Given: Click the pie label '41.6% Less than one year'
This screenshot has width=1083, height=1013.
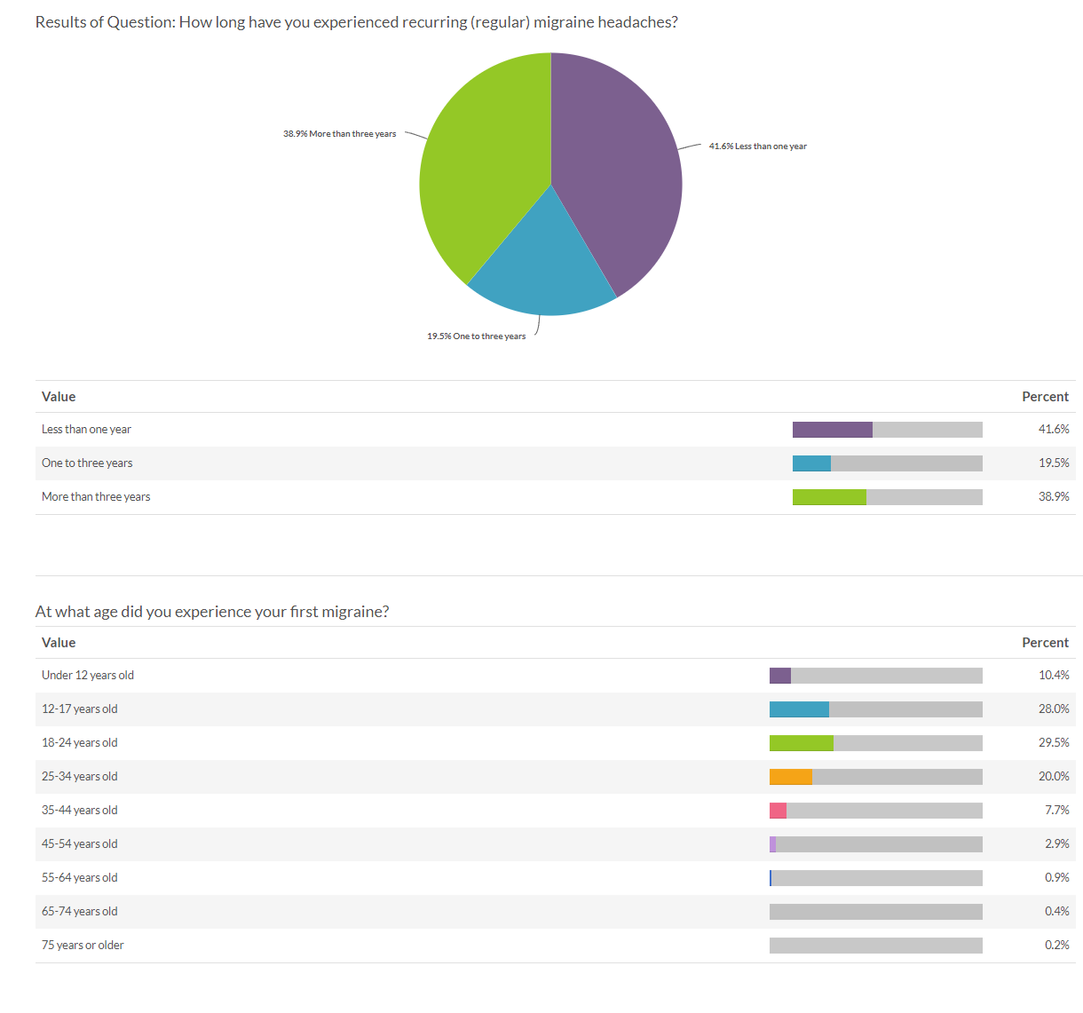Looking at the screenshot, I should click(757, 146).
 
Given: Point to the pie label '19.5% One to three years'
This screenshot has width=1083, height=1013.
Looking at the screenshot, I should click(476, 336).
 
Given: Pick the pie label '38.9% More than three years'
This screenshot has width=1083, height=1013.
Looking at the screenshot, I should click(339, 134).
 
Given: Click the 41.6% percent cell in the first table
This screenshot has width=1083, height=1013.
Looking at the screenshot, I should click(1054, 430).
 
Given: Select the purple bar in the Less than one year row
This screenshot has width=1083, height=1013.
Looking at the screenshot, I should click(832, 430).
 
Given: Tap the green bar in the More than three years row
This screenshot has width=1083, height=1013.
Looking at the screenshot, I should click(829, 497).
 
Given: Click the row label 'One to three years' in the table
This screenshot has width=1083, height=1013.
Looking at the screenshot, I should click(87, 463).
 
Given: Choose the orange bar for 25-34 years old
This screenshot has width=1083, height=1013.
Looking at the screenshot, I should click(790, 777).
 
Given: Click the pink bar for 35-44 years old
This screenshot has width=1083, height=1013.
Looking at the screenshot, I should click(778, 811).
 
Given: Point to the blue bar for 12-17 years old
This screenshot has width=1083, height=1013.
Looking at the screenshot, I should click(799, 709).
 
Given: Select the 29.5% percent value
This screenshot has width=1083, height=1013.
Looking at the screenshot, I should click(1054, 743).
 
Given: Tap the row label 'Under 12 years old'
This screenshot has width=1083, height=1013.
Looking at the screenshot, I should click(88, 676).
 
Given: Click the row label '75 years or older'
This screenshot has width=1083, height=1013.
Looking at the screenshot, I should click(83, 946).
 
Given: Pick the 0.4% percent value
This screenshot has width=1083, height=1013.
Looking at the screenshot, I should click(1056, 912).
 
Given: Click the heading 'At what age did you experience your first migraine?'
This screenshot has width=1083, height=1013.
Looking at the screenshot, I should click(212, 612).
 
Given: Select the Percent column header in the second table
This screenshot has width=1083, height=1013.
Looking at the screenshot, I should click(1045, 643).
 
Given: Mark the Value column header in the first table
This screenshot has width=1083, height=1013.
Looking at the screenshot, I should click(59, 397).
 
